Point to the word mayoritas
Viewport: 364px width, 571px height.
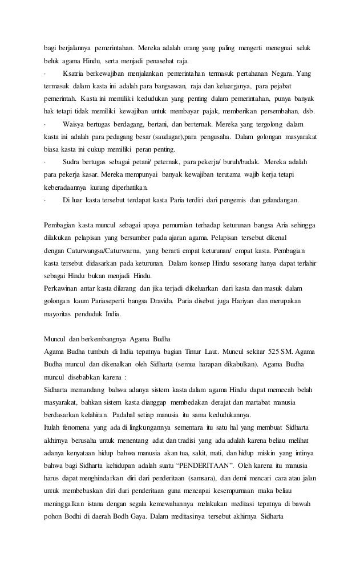63,313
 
